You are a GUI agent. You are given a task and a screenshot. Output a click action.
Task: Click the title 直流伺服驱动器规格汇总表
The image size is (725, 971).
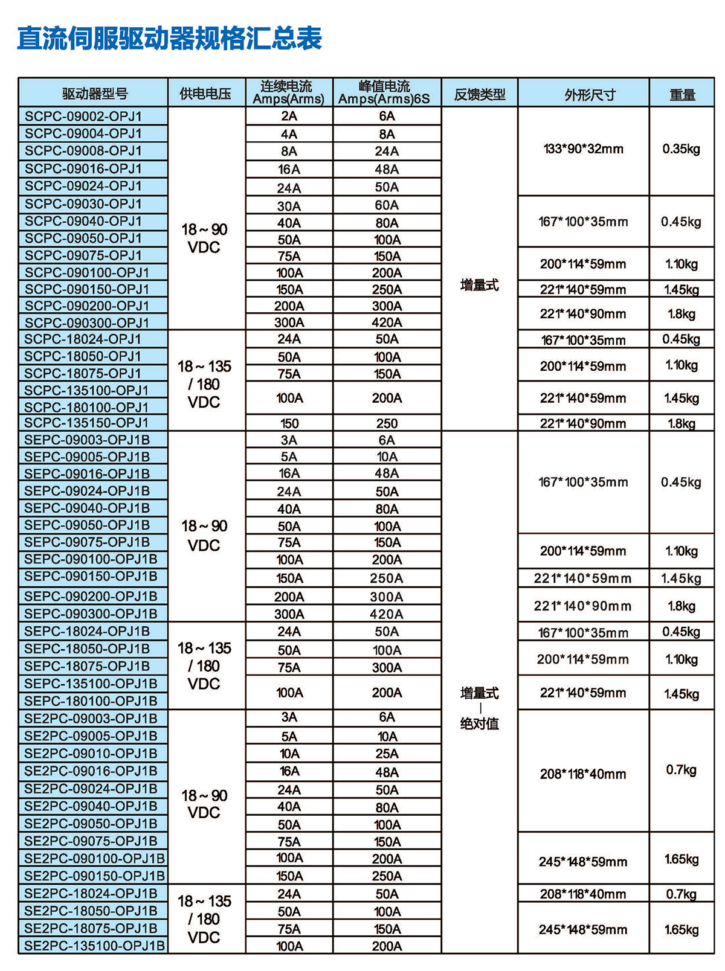tap(169, 39)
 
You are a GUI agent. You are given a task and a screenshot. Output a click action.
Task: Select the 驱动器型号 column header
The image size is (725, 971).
tap(94, 94)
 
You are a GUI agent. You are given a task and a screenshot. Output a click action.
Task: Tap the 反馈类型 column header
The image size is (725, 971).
tap(479, 94)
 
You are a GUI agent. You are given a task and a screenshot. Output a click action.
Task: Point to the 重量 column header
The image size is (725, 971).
tap(681, 94)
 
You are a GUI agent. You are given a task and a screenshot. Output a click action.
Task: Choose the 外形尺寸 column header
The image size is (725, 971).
tap(584, 94)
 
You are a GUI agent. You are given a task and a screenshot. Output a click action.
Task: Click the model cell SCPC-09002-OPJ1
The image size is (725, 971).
tap(83, 116)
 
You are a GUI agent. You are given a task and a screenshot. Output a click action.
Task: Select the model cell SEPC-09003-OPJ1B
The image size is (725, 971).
tap(87, 440)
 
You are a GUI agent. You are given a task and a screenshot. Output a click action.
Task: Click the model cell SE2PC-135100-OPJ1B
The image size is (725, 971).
tap(94, 946)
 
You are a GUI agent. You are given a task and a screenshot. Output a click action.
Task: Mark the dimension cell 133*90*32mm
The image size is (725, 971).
tap(584, 149)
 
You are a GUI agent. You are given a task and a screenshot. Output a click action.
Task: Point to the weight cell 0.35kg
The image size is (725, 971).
tap(681, 149)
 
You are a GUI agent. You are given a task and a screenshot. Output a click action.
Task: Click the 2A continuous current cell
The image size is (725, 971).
tap(289, 116)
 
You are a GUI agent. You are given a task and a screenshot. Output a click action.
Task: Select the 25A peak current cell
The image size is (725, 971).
tap(387, 754)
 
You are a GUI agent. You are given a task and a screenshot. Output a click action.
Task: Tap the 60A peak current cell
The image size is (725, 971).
tap(387, 205)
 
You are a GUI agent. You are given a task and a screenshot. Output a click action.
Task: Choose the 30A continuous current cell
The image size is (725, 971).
tap(289, 206)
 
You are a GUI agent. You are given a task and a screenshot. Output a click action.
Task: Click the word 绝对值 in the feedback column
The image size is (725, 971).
tap(479, 723)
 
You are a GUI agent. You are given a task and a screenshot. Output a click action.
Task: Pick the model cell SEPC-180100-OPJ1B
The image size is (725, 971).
tap(91, 701)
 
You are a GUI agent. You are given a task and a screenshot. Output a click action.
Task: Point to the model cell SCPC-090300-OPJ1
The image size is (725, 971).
tap(87, 322)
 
